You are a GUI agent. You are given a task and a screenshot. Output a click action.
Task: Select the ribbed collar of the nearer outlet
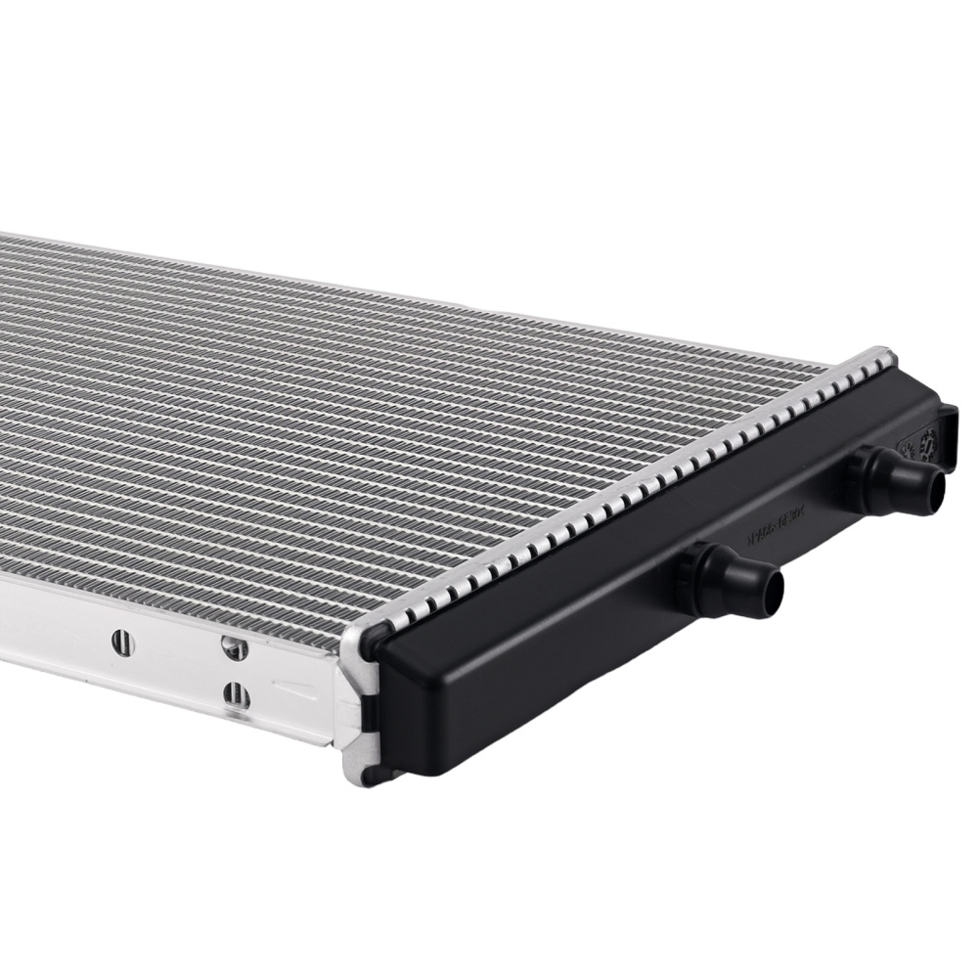(x=696, y=577)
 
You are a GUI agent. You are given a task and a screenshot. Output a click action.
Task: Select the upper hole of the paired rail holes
(x=232, y=646)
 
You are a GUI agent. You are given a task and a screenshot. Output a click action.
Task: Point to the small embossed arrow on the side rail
(x=293, y=685)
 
